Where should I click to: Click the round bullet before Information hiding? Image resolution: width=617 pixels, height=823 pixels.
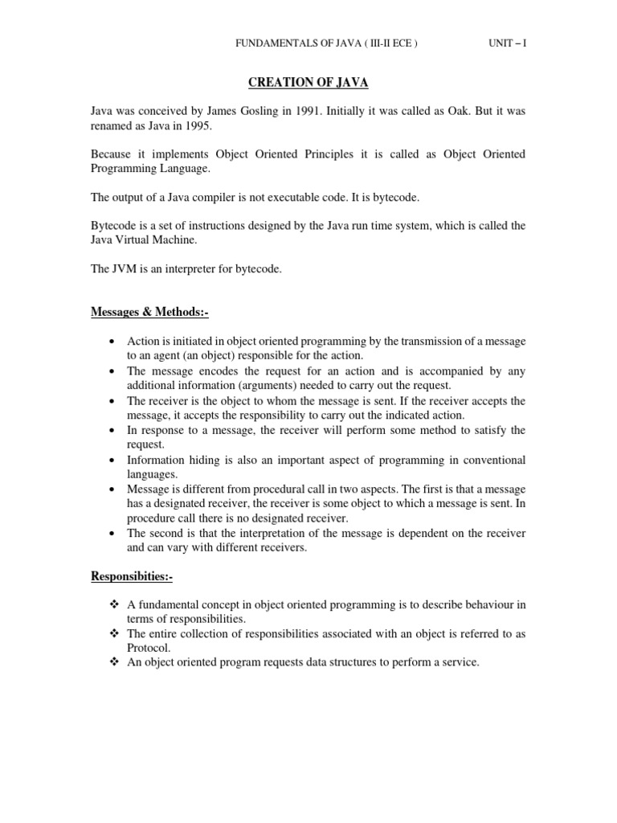tap(110, 461)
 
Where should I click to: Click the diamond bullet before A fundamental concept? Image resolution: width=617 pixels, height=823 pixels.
tap(112, 604)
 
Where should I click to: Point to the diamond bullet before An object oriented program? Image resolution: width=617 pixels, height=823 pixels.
tap(112, 662)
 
